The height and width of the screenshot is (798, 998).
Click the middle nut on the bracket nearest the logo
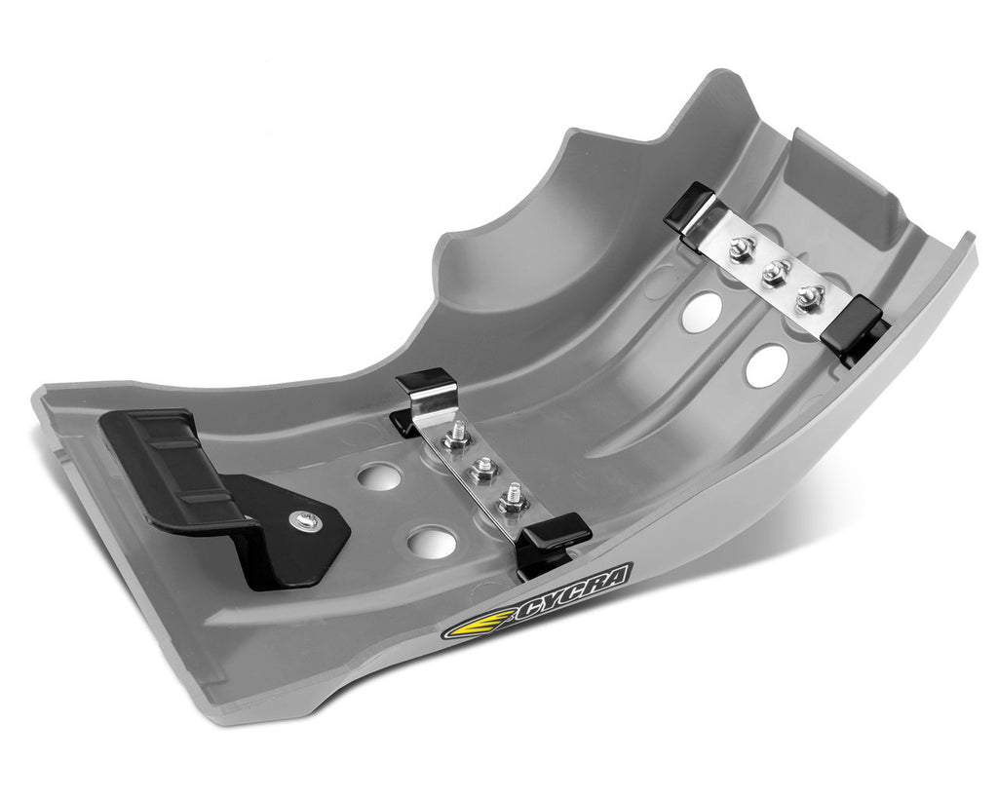(x=481, y=473)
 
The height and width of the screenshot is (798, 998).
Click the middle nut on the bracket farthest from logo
(x=775, y=272)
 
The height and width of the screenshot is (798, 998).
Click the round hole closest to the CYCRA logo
(x=432, y=543)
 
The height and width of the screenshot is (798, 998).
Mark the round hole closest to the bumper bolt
(x=378, y=476)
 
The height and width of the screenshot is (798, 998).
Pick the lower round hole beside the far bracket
(x=767, y=364)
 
